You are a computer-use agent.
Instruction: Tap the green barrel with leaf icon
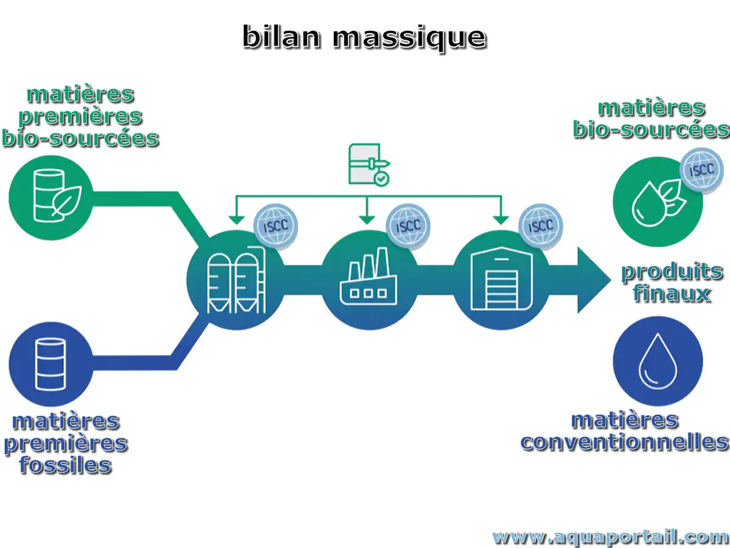(51, 197)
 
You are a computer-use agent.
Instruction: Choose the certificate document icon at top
(369, 164)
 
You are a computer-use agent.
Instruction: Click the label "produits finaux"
(672, 283)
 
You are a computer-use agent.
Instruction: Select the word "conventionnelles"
(624, 442)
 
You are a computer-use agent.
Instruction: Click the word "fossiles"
(66, 466)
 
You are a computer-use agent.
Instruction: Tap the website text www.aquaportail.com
(610, 537)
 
